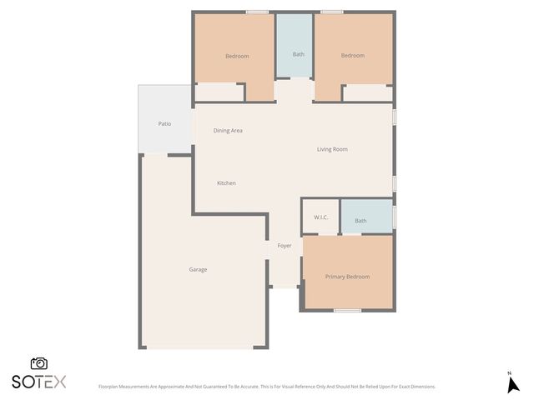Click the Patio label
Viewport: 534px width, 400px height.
pyautogui.click(x=164, y=124)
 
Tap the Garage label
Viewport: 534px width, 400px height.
pyautogui.click(x=198, y=269)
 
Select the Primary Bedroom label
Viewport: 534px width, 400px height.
pyautogui.click(x=347, y=277)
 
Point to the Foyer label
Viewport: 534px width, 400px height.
pyautogui.click(x=285, y=246)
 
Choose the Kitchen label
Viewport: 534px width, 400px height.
pyautogui.click(x=226, y=183)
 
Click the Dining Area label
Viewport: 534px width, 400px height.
pyautogui.click(x=228, y=131)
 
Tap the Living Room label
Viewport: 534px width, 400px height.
pyautogui.click(x=332, y=150)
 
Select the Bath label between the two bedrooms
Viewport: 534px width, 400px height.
pyautogui.click(x=298, y=55)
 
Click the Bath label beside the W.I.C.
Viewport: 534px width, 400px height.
pyautogui.click(x=360, y=221)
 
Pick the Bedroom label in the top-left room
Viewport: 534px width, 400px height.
pyautogui.click(x=237, y=56)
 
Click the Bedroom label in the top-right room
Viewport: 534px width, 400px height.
pyautogui.click(x=353, y=56)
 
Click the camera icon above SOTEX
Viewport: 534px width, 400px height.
pyautogui.click(x=39, y=363)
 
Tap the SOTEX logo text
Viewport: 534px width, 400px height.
pyautogui.click(x=38, y=382)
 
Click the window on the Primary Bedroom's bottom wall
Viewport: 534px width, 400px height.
pyautogui.click(x=347, y=311)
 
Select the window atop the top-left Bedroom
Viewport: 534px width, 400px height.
pyautogui.click(x=257, y=12)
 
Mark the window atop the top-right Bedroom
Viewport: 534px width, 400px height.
pyautogui.click(x=331, y=12)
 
